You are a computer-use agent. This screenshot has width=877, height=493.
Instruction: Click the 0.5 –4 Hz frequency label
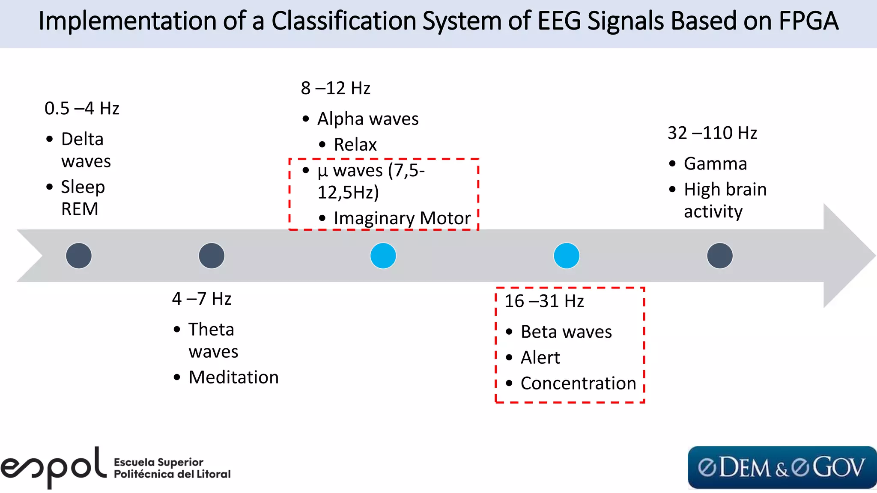(x=82, y=109)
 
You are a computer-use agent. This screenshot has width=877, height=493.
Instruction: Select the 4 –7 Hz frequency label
(x=202, y=299)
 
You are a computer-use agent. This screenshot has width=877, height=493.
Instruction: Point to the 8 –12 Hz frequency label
(x=335, y=88)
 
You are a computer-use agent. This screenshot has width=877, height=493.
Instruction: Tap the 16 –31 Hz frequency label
(x=544, y=301)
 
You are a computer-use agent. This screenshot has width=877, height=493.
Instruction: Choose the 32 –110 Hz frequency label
(x=712, y=133)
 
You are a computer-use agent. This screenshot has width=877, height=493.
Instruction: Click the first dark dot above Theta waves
(x=212, y=256)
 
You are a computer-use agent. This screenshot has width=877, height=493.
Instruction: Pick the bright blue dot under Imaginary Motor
(x=383, y=256)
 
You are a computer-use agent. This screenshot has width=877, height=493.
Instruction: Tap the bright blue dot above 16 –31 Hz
(x=566, y=256)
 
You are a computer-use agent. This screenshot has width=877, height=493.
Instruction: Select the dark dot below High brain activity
(x=719, y=256)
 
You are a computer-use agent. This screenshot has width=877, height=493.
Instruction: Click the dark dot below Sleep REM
(x=79, y=256)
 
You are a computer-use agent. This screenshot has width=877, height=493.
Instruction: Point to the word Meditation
(x=233, y=377)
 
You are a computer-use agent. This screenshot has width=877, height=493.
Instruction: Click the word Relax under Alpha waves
(x=355, y=145)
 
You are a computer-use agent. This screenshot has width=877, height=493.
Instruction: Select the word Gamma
(x=715, y=164)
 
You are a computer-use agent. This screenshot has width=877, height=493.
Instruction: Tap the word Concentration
(x=578, y=383)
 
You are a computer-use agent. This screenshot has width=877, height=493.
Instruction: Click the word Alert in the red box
(x=540, y=358)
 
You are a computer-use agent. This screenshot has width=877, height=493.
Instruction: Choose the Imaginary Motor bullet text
(x=402, y=218)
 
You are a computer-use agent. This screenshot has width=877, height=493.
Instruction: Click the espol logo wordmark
(x=54, y=467)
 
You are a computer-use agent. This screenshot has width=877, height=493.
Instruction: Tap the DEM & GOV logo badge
(x=782, y=467)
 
